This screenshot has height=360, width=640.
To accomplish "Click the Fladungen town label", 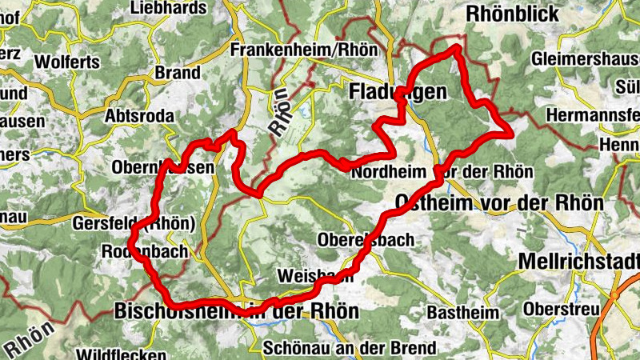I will (x=398, y=93).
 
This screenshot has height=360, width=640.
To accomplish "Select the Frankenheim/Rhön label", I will (x=303, y=50).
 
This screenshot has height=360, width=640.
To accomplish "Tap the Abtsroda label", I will (x=139, y=116).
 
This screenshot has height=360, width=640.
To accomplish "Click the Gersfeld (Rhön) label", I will (x=134, y=224).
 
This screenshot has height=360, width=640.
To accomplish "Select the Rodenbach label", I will (x=145, y=252).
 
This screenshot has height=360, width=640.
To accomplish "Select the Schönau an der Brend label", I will (x=350, y=348).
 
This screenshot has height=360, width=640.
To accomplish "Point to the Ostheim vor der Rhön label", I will (x=500, y=202).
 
